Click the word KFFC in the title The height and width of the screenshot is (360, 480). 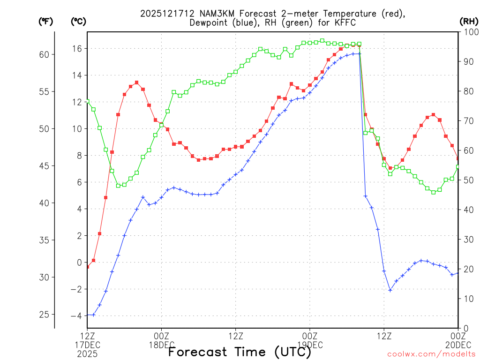pyautogui.click(x=346, y=22)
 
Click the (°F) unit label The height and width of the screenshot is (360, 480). pyautogui.click(x=45, y=21)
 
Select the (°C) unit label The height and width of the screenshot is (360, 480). pyautogui.click(x=78, y=21)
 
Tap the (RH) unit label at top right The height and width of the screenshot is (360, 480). pyautogui.click(x=468, y=21)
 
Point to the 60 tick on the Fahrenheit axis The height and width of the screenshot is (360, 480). pyautogui.click(x=45, y=54)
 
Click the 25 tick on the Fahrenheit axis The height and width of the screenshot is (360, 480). pyautogui.click(x=45, y=314)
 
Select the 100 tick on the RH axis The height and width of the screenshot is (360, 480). pyautogui.click(x=469, y=32)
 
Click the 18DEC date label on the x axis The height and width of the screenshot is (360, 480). pyautogui.click(x=162, y=344)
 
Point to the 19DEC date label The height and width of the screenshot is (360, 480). pyautogui.click(x=310, y=344)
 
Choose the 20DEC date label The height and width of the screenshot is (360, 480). pyautogui.click(x=457, y=344)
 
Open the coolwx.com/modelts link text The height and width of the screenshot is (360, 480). pyautogui.click(x=431, y=353)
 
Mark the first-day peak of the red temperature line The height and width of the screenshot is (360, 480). pyautogui.click(x=136, y=82)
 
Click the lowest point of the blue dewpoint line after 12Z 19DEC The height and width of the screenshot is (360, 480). pyautogui.click(x=390, y=290)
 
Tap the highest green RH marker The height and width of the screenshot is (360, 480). pyautogui.click(x=322, y=41)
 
